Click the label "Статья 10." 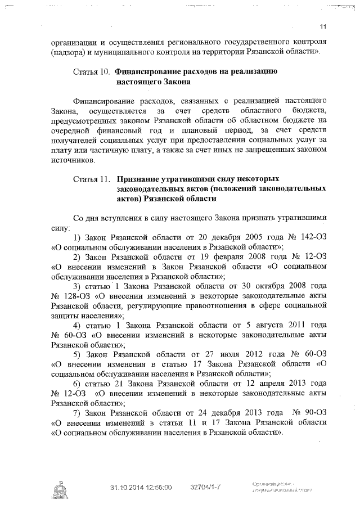(x=92, y=72)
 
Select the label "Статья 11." (x=92, y=179)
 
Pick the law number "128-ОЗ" (x=70, y=296)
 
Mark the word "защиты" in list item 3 (x=64, y=316)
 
